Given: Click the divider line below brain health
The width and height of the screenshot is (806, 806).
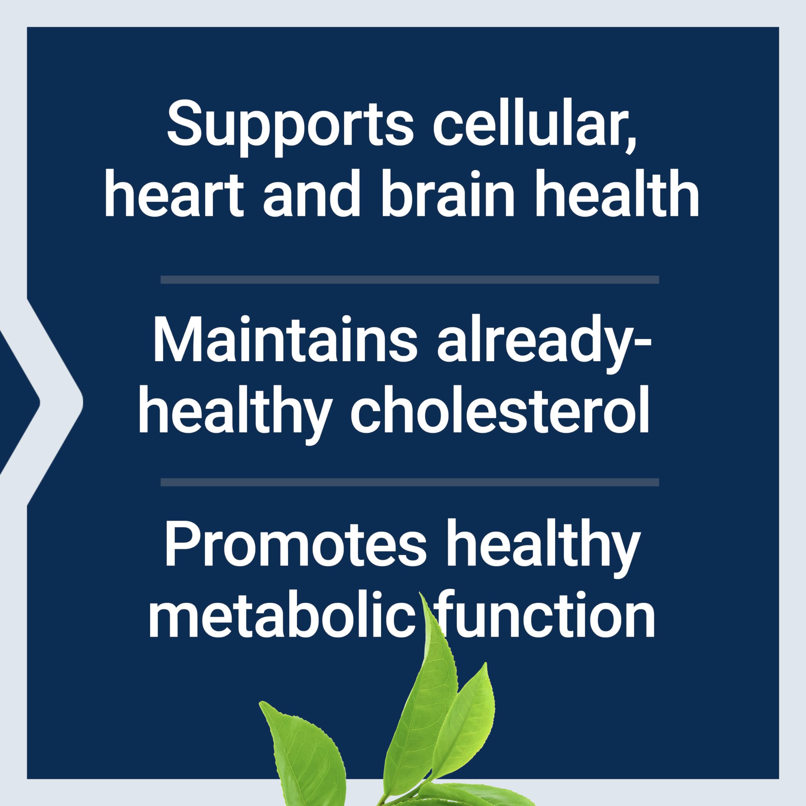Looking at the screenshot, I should click(x=410, y=280).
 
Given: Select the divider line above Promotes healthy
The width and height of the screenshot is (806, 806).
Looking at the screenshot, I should click(x=410, y=483).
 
